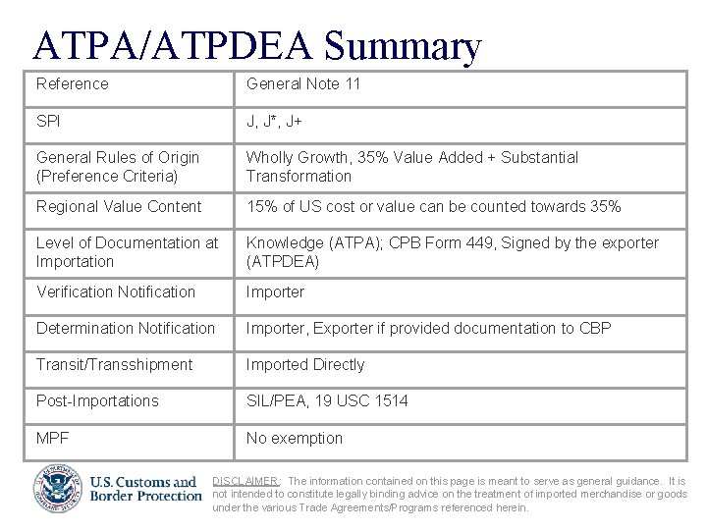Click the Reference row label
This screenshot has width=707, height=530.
click(x=72, y=84)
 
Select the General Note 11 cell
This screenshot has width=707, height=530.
click(x=303, y=84)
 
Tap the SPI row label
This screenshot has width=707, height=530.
click(x=49, y=122)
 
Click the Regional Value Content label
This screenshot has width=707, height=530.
click(x=118, y=206)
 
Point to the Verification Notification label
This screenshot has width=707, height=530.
click(x=115, y=291)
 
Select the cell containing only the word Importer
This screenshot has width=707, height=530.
click(x=275, y=291)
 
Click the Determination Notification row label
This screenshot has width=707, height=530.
click(x=125, y=328)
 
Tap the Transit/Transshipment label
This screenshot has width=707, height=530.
click(x=114, y=364)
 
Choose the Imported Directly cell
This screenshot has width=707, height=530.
click(x=304, y=364)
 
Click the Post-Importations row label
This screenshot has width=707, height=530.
click(x=96, y=400)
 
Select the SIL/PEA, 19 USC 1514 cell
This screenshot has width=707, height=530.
click(x=327, y=400)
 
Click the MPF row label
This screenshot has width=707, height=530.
click(x=52, y=438)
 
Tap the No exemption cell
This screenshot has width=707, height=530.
click(x=294, y=438)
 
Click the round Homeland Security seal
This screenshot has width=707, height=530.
click(x=58, y=488)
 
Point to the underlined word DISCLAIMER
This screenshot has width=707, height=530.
click(x=246, y=481)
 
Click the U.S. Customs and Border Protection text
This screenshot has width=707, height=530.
click(x=144, y=488)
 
